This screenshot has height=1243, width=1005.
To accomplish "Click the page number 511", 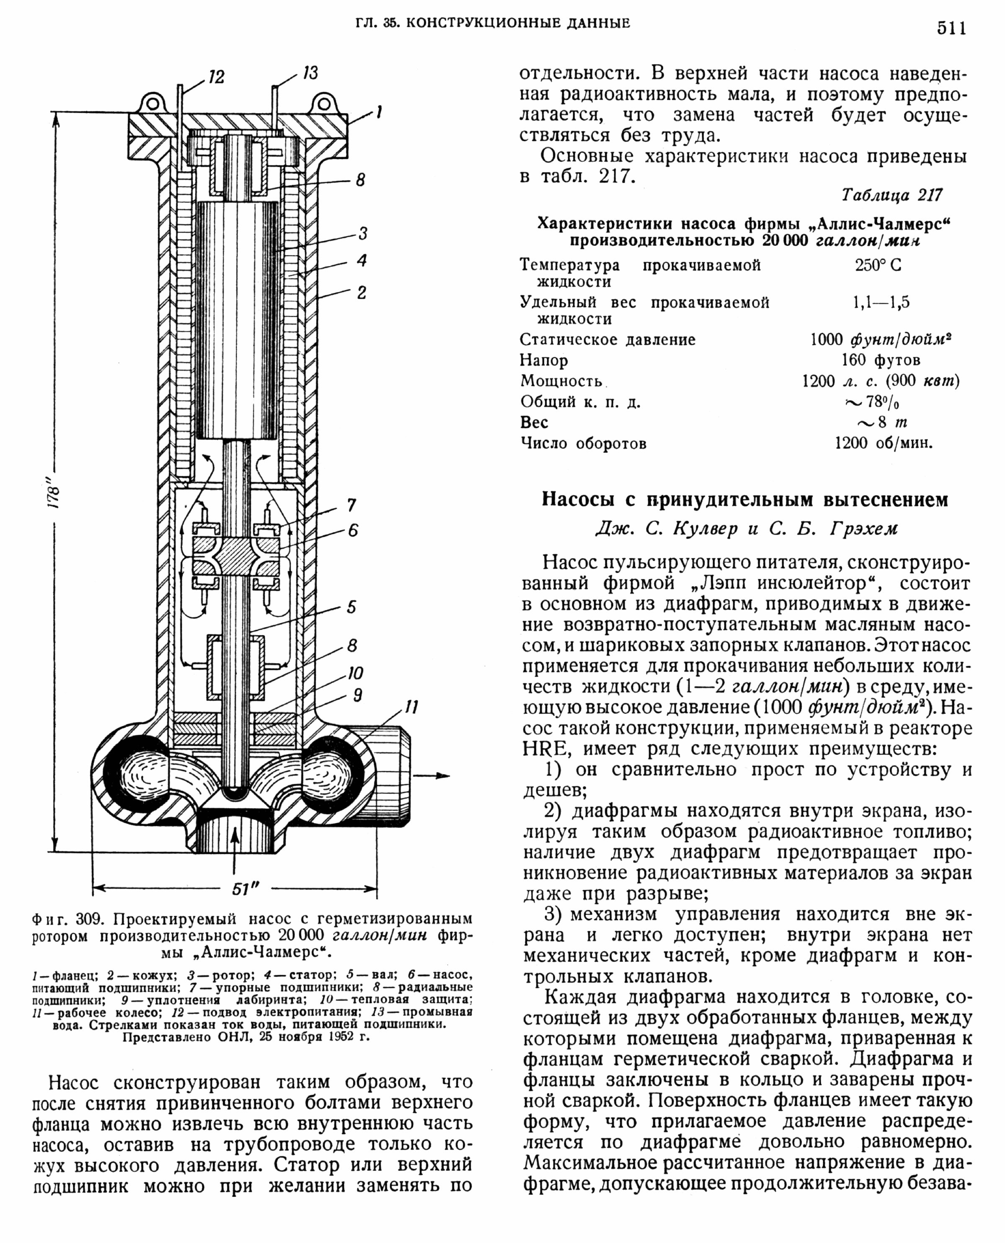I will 951,28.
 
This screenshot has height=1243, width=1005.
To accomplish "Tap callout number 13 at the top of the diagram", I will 310,74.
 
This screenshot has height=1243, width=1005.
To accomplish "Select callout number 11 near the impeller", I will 411,707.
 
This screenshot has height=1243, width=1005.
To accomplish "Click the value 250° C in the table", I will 878,265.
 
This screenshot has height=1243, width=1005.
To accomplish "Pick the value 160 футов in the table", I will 881,360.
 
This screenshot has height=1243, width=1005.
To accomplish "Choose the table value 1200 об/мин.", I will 884,444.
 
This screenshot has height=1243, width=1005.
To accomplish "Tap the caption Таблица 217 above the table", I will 892,195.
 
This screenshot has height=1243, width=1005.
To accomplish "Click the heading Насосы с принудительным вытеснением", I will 745,499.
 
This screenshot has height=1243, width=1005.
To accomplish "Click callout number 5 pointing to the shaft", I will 351,607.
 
